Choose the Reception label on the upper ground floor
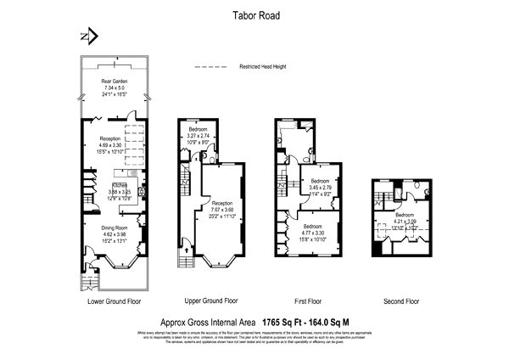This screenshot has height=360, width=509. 222,204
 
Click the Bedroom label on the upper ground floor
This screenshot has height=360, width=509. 199,130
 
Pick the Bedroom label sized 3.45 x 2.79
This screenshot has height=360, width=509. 319,181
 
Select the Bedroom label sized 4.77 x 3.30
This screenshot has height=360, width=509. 312,225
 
